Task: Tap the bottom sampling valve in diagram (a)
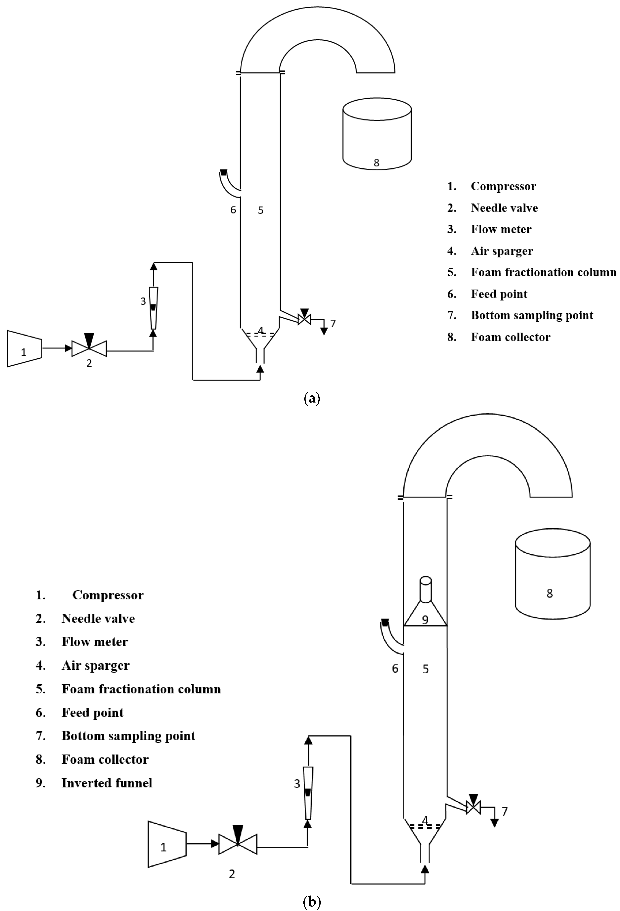304,319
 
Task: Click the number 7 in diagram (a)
333,323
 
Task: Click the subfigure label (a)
312,399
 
